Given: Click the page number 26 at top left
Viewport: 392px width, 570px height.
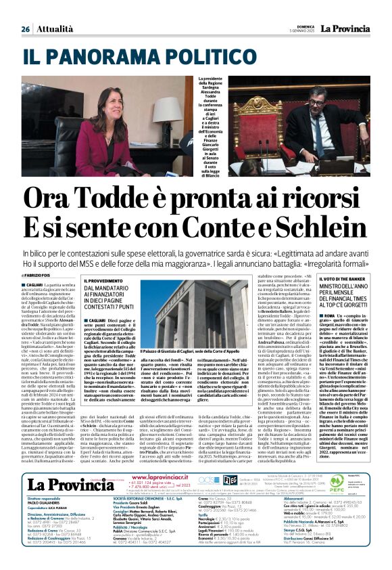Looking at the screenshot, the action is [25, 29].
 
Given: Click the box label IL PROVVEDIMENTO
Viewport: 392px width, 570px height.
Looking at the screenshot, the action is [103, 280].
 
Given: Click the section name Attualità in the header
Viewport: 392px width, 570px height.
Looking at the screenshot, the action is [55, 29].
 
